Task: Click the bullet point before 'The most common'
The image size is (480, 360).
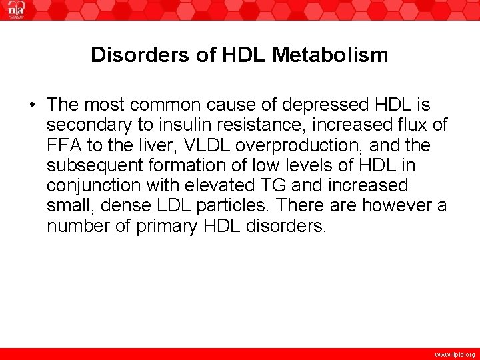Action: coord(31,105)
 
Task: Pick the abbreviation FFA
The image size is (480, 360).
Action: coord(65,145)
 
